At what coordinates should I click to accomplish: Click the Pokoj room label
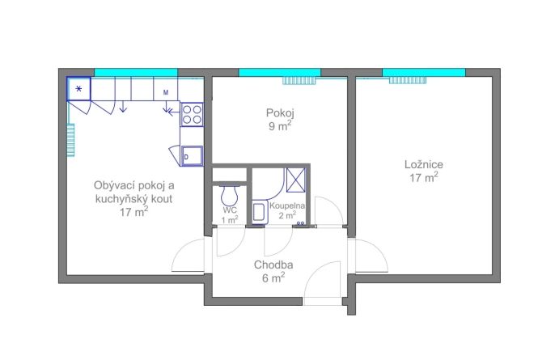[x=280, y=113]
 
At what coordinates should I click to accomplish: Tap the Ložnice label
[x=424, y=164]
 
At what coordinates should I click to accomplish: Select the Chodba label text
[x=273, y=265]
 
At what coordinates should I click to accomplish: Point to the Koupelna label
[x=287, y=205]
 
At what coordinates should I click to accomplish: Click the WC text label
[x=230, y=210]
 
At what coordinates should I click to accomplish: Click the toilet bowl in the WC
[x=229, y=196]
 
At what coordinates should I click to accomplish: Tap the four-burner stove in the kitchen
[x=192, y=114]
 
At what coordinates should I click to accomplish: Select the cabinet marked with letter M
[x=165, y=89]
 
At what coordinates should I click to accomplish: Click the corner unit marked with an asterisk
[x=79, y=89]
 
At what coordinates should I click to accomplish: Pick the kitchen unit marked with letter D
[x=192, y=156]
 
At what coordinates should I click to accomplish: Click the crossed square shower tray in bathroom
[x=295, y=180]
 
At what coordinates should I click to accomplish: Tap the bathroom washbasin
[x=261, y=212]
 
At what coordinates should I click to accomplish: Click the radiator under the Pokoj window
[x=299, y=81]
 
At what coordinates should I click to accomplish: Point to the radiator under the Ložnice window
[x=408, y=80]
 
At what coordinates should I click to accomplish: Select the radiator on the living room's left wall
[x=71, y=140]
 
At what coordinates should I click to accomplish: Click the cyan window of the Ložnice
[x=424, y=72]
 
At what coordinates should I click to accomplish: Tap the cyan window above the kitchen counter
[x=136, y=72]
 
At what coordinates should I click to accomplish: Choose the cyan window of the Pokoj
[x=280, y=72]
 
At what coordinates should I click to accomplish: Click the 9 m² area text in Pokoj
[x=280, y=125]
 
